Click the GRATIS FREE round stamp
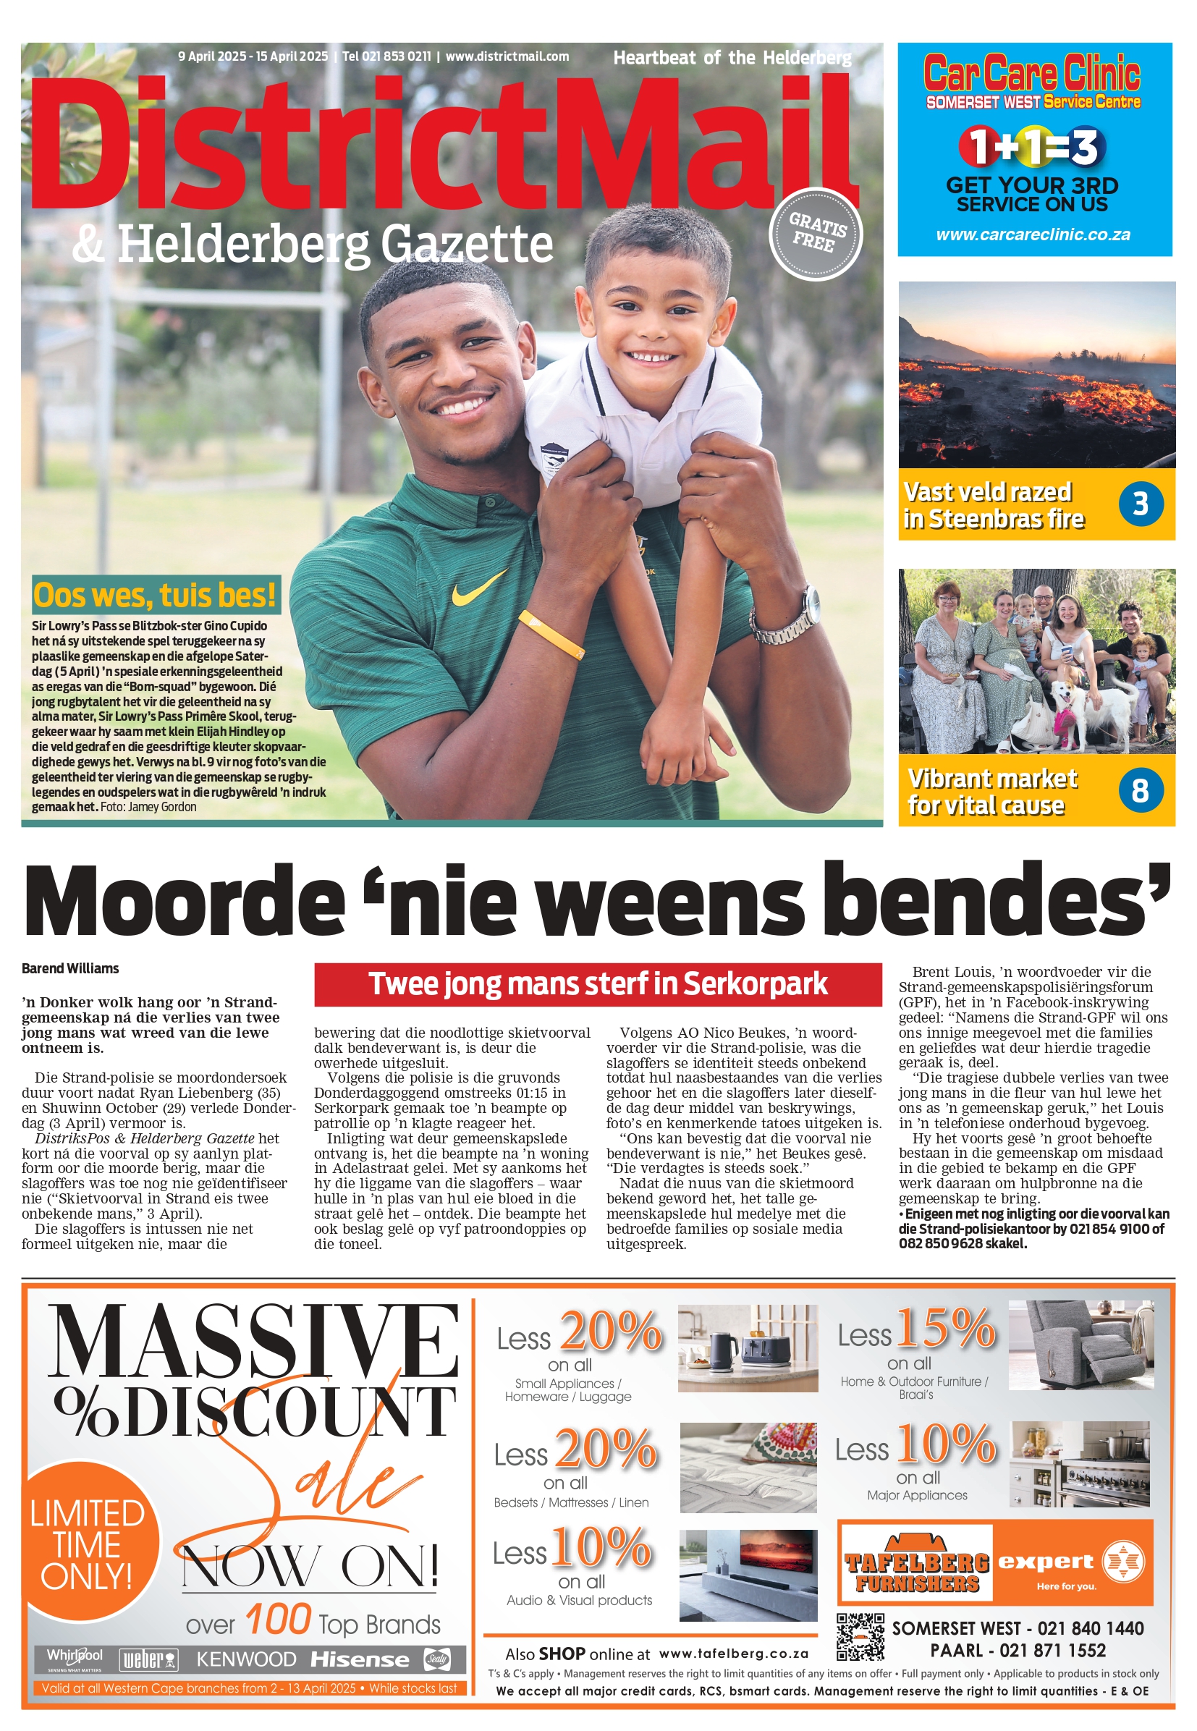pos(816,233)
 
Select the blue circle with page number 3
pos(1140,504)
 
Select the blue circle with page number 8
pos(1140,790)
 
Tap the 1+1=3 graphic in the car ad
pos(1032,146)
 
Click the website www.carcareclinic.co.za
pos(1033,234)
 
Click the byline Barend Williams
pos(70,968)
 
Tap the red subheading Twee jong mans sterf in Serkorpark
pos(598,984)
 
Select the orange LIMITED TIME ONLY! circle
pos(88,1545)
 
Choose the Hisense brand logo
pos(360,1660)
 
